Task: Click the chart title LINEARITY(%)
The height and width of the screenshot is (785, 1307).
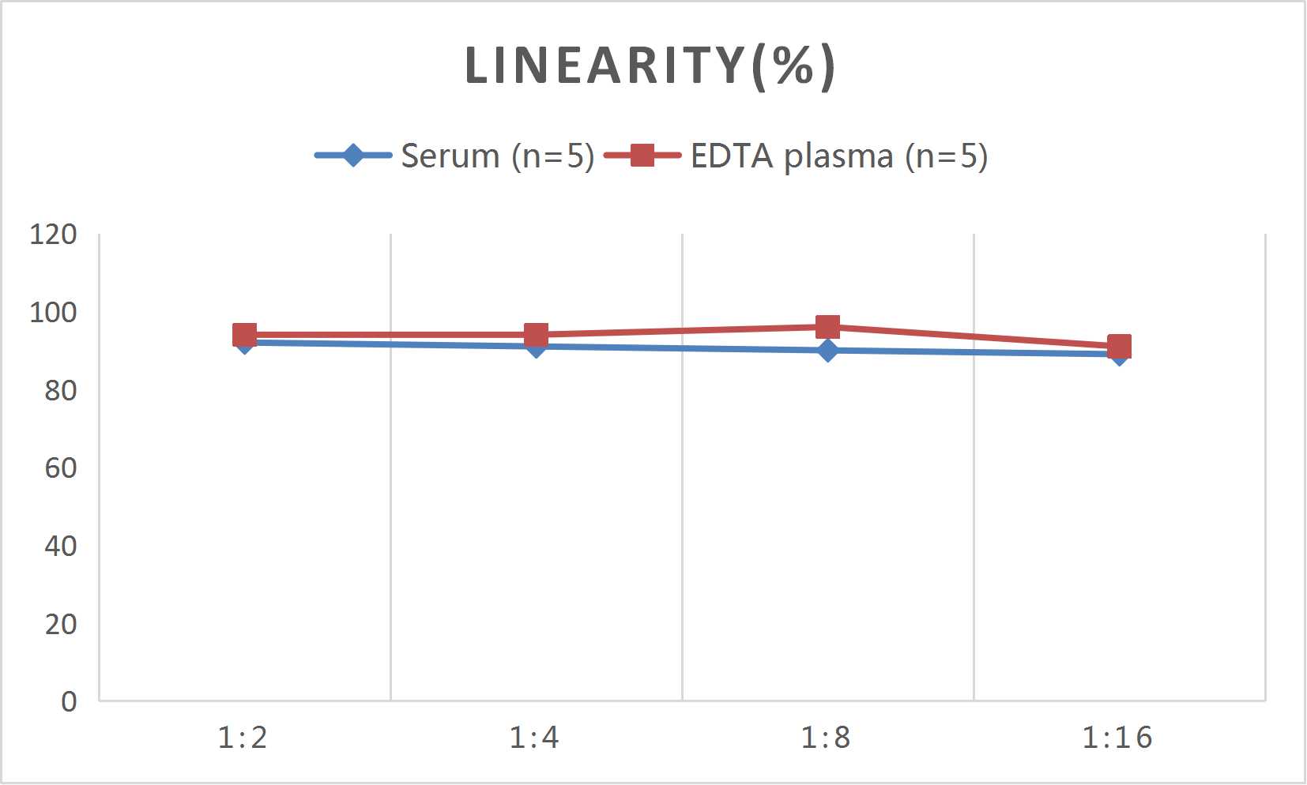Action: (x=650, y=66)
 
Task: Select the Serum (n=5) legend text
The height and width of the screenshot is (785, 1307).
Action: (x=497, y=156)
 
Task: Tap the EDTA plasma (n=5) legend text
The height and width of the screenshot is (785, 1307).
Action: (x=838, y=156)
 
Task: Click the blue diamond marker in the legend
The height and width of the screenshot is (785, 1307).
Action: (x=353, y=155)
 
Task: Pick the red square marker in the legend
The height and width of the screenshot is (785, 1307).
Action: (x=642, y=155)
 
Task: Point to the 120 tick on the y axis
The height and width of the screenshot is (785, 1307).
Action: (x=53, y=234)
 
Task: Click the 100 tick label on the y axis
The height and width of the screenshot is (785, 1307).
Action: (x=53, y=312)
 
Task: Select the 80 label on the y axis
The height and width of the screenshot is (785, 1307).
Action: (x=60, y=390)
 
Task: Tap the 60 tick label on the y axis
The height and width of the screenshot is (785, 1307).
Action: (x=60, y=468)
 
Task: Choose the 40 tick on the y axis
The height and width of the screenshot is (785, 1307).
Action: (x=60, y=546)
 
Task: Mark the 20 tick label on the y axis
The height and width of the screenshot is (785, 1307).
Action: (x=60, y=624)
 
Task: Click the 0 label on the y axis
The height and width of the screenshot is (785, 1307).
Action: (x=69, y=701)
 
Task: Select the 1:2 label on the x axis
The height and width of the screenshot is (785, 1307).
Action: (x=243, y=738)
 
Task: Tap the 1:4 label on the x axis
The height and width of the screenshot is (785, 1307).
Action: (x=534, y=738)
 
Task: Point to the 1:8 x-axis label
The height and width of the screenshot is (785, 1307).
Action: (x=826, y=738)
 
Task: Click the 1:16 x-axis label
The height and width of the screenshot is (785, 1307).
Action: (x=1117, y=738)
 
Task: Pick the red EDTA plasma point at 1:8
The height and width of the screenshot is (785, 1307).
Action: (x=827, y=327)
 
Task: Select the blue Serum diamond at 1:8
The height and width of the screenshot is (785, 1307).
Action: (x=827, y=351)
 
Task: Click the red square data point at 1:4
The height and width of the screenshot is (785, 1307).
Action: (x=536, y=335)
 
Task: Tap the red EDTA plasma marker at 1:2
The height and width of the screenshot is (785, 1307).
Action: (x=244, y=335)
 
